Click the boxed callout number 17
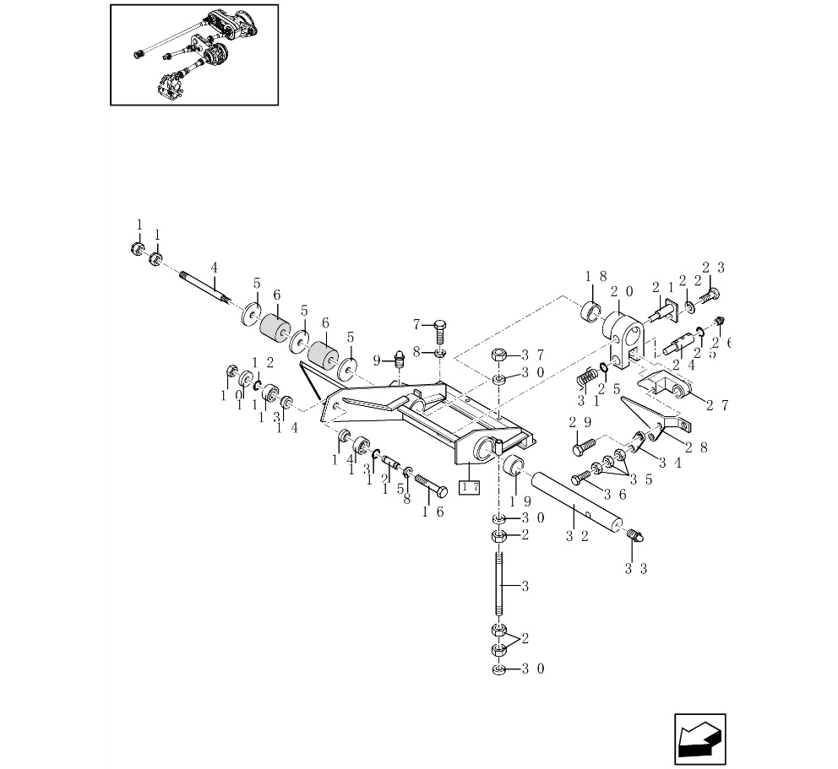click(x=469, y=486)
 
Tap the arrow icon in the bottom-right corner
click(x=699, y=739)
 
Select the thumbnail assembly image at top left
click(x=194, y=55)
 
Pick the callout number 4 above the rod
click(x=215, y=268)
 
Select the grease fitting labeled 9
click(x=401, y=361)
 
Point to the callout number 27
click(x=717, y=405)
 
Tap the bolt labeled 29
click(x=584, y=444)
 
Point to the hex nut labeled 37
click(x=499, y=355)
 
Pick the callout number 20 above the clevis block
click(x=622, y=291)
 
